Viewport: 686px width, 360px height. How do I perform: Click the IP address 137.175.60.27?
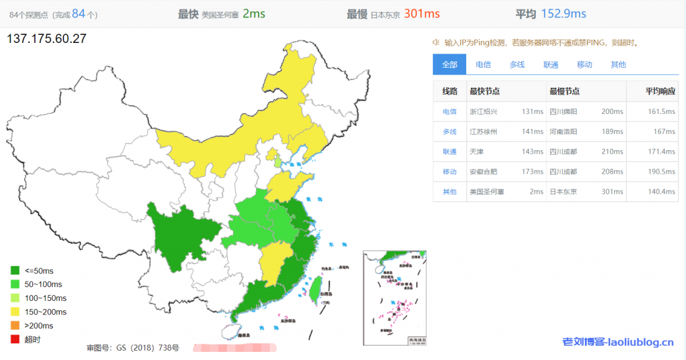[46, 39]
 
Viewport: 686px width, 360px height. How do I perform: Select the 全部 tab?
[450, 64]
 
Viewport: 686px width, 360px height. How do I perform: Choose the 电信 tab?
[483, 64]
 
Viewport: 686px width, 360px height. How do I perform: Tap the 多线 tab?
[517, 64]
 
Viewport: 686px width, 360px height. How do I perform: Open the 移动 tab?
[584, 64]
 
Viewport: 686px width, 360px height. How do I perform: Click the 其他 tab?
[618, 64]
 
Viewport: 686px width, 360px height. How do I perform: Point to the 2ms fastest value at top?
[254, 13]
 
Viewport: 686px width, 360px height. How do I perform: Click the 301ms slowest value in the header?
[421, 13]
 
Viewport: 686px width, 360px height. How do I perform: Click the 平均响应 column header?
[660, 91]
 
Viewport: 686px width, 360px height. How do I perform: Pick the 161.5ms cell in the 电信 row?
[662, 111]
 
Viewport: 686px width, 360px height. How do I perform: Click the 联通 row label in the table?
[450, 152]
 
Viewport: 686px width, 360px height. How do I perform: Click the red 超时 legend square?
[15, 340]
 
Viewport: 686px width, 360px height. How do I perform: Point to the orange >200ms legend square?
[15, 326]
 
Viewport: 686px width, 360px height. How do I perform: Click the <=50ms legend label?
[39, 271]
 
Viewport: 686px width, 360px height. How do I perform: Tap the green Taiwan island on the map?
[313, 289]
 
